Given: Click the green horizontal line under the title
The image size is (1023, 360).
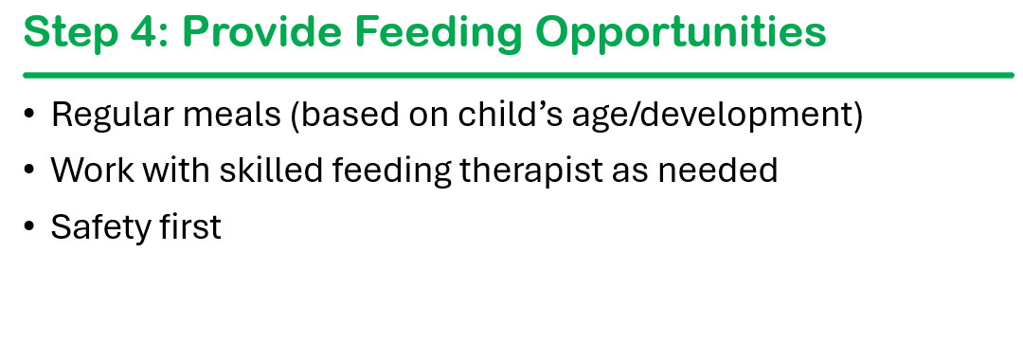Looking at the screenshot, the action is [x=519, y=75].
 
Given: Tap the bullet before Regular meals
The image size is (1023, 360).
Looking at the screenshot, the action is [x=28, y=114].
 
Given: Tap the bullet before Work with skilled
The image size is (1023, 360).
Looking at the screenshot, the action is [x=28, y=171].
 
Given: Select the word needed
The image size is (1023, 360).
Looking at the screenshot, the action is [x=718, y=171].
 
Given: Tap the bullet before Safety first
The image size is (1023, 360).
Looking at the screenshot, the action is [x=28, y=226].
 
